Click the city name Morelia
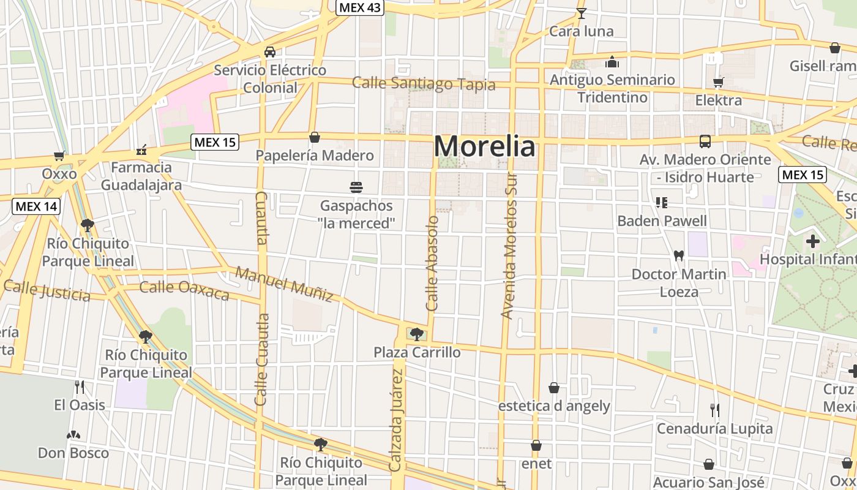(x=484, y=147)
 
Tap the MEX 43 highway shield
(x=359, y=7)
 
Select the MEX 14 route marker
(x=37, y=206)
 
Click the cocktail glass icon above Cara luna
(x=581, y=13)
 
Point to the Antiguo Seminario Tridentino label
(x=612, y=88)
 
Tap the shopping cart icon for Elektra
(x=719, y=82)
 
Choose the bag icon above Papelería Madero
(x=315, y=137)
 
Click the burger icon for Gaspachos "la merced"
(x=356, y=187)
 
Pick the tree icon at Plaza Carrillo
(x=417, y=334)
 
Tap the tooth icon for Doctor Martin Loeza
(x=678, y=255)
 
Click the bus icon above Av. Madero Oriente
(x=705, y=141)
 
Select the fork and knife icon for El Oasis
(x=79, y=386)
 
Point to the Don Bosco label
(x=73, y=453)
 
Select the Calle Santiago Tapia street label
(x=424, y=83)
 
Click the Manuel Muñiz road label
(x=285, y=284)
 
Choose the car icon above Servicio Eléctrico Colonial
(x=270, y=52)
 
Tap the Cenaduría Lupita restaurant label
(x=715, y=429)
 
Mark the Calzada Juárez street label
(x=397, y=423)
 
